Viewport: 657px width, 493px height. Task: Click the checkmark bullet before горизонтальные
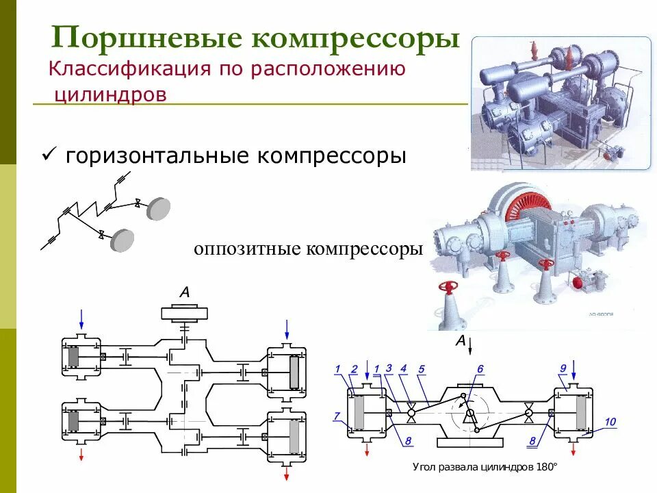49,156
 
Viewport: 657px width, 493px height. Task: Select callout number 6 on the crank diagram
480,369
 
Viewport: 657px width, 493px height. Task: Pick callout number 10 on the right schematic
610,421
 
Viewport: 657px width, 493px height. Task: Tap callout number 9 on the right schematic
563,369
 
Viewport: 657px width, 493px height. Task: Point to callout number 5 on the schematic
422,369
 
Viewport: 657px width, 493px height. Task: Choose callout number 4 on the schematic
403,369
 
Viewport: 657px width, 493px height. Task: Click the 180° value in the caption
547,467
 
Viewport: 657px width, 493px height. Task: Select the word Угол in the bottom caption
424,467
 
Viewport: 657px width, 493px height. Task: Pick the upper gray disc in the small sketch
158,208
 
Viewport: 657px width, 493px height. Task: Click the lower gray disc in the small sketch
122,240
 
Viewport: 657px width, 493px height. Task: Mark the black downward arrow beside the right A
471,343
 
